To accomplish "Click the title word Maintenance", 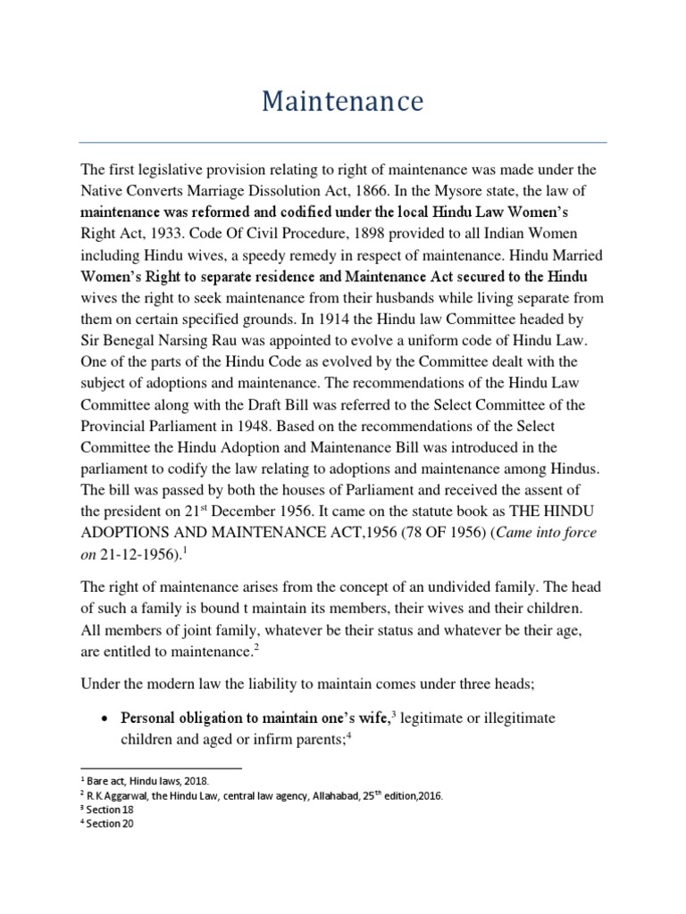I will point(343,103).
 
